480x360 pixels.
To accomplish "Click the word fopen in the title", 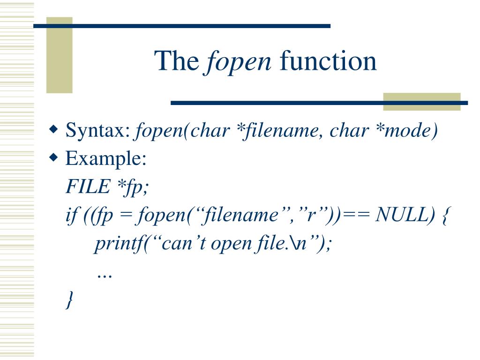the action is tap(239, 61).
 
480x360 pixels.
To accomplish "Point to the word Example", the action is tap(106, 159).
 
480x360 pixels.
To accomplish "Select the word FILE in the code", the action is tap(86, 187).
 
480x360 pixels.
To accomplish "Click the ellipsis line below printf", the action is tap(104, 274).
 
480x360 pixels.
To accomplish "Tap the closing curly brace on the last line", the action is tap(70, 300).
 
